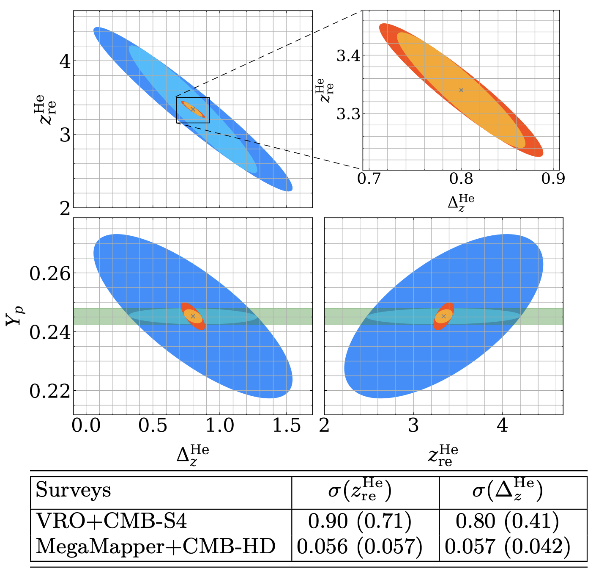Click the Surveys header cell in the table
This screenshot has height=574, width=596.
(x=73, y=490)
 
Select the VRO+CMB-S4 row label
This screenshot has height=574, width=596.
(x=111, y=522)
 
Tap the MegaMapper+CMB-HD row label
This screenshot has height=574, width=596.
(x=156, y=546)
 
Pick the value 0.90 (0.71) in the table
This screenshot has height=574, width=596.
(x=360, y=522)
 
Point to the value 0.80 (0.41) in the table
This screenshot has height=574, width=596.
(x=507, y=522)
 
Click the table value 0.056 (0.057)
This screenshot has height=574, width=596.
(x=360, y=546)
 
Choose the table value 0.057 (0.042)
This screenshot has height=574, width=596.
(x=507, y=546)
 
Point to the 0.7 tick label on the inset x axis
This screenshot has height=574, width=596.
(x=369, y=179)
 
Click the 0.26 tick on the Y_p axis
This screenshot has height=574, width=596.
(x=50, y=273)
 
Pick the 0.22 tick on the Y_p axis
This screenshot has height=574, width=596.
(x=50, y=391)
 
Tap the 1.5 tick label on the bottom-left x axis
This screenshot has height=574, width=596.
(x=287, y=425)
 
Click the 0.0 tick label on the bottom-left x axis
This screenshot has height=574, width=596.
(x=86, y=425)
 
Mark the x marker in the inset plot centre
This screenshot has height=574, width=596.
(x=461, y=90)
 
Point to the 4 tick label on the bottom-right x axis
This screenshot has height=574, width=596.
(x=502, y=425)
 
